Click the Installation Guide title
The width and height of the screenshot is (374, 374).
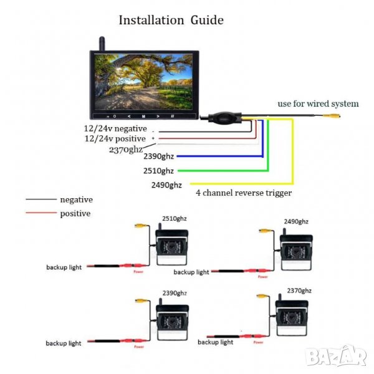(x=171, y=20)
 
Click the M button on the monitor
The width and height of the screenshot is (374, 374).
(x=143, y=116)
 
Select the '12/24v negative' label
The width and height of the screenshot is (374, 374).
(x=115, y=128)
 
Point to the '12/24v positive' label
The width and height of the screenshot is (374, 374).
(x=115, y=138)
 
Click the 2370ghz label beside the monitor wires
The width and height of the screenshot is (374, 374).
(x=126, y=150)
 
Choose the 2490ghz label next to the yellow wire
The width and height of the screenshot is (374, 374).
(x=166, y=185)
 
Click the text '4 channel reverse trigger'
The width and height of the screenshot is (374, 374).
(x=244, y=193)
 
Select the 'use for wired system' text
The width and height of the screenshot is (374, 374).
(x=318, y=103)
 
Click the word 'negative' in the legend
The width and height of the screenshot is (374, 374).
(x=76, y=199)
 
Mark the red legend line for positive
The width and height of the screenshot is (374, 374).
(x=40, y=214)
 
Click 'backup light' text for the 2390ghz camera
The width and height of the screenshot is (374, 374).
(x=63, y=343)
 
